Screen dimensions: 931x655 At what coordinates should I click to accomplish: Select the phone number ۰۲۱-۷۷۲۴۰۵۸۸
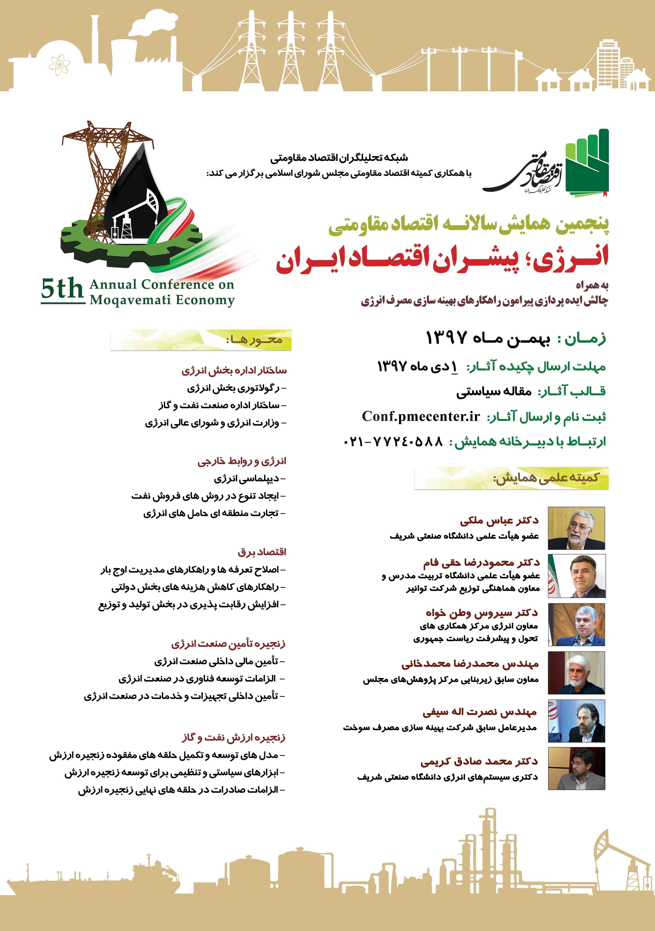[x=393, y=441]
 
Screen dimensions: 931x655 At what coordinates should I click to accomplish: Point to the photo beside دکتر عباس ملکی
[x=576, y=528]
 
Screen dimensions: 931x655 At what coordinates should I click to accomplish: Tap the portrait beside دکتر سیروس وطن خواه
[x=576, y=624]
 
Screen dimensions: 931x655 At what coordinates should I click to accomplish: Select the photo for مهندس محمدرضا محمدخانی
[x=576, y=673]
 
